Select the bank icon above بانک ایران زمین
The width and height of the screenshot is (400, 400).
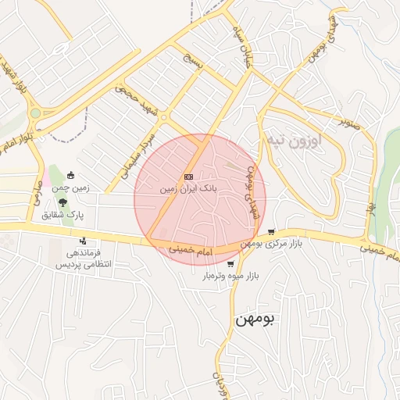(188, 177)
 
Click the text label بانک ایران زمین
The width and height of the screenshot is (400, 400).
(188, 189)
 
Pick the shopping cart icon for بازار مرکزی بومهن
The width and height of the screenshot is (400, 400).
(271, 232)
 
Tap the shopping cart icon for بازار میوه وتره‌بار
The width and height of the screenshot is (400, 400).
(230, 264)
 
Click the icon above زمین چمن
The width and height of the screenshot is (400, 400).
(71, 176)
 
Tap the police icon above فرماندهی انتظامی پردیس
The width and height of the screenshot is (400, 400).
(83, 241)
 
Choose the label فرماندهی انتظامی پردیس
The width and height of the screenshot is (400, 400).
(83, 259)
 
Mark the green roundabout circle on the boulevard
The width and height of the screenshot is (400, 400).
(34, 113)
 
